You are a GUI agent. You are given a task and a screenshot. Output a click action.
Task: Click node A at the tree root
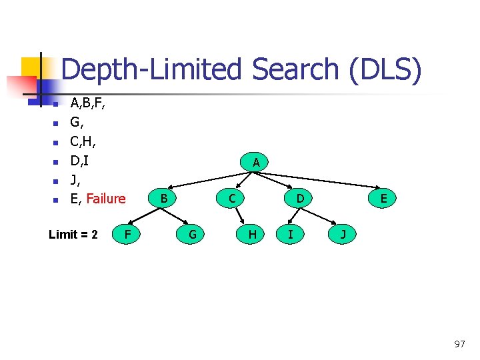pos(256,162)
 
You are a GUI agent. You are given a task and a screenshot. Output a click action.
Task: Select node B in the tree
pos(163,197)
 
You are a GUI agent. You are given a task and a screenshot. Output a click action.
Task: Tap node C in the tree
pos(231,197)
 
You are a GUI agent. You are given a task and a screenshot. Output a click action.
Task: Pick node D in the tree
pos(301,197)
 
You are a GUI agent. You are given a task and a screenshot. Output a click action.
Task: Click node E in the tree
pos(383,197)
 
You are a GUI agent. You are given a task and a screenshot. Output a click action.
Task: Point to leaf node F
pos(127,234)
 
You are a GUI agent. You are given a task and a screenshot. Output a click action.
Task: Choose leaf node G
pos(193,234)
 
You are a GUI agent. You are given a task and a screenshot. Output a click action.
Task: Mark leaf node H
pos(253,234)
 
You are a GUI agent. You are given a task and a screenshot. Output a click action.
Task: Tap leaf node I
pos(290,234)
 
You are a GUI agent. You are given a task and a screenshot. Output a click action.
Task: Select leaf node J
pos(343,234)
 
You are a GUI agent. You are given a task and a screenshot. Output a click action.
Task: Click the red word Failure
pos(106,198)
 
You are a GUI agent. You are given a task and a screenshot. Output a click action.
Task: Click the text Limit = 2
pos(73,234)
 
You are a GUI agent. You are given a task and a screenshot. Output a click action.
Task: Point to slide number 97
pos(459,344)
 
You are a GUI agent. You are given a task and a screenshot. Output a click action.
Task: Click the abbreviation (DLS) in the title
pos(385,70)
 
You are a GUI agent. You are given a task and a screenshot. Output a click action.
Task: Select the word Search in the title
pos(294,70)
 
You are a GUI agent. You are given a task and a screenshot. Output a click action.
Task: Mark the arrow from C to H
pos(241,216)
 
